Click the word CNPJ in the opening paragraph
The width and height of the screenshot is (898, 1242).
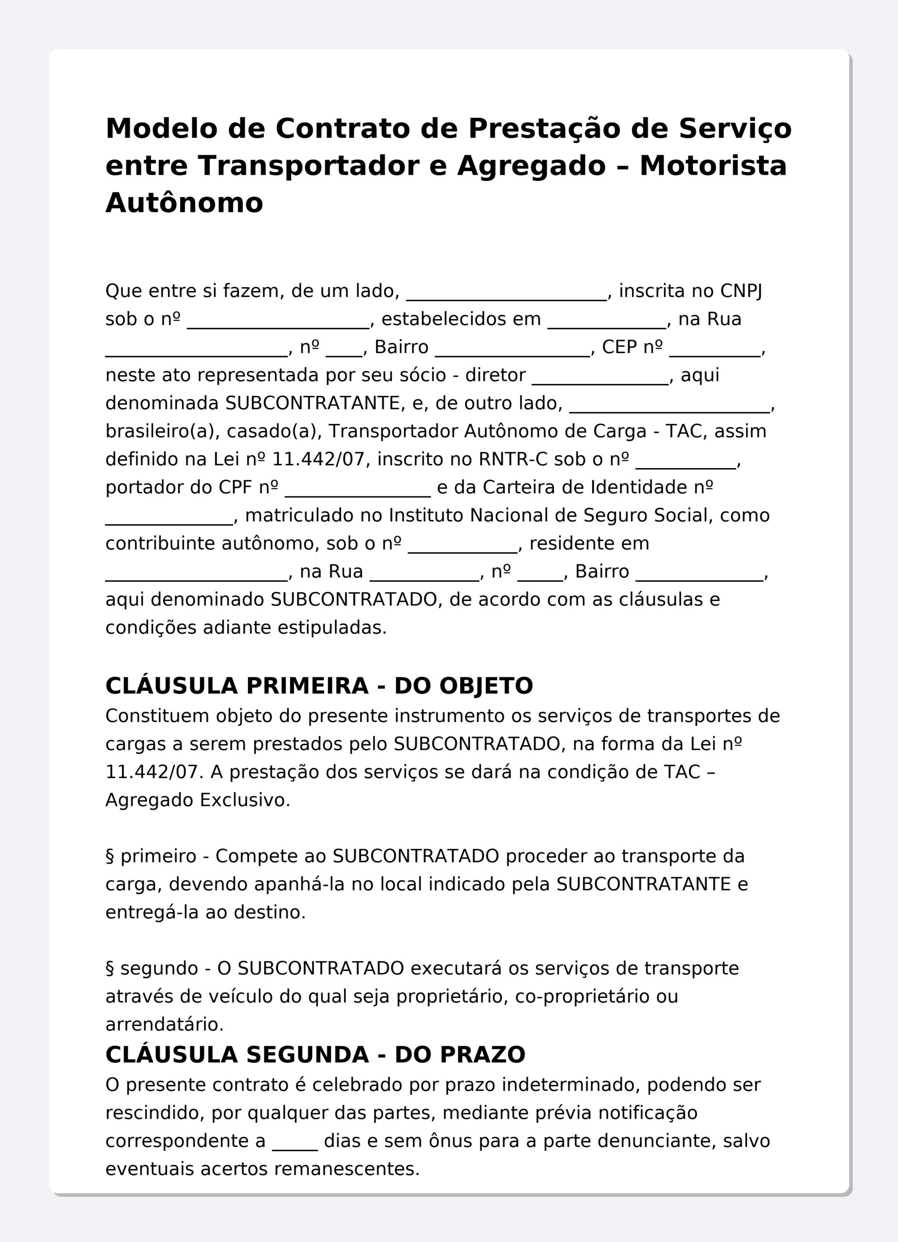(741, 291)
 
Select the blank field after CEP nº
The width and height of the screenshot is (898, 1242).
(715, 348)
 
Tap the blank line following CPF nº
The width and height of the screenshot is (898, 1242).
(358, 489)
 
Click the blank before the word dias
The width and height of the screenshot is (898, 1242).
(295, 1141)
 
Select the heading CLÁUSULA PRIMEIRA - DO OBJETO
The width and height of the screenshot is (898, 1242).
(319, 686)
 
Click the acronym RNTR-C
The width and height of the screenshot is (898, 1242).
(513, 459)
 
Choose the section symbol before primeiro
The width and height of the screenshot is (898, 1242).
(110, 856)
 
